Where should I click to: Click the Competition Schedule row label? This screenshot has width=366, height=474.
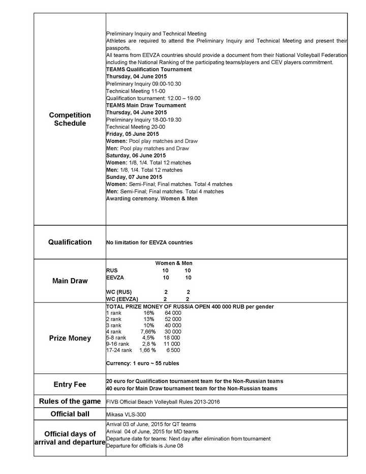click(70, 119)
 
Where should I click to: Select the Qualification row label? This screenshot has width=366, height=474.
click(70, 242)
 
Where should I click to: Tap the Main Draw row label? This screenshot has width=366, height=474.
click(70, 281)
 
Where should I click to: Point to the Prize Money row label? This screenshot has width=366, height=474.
click(70, 338)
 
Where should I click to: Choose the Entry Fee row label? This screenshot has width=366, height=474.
click(70, 384)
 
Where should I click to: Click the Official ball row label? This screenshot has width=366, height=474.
click(70, 414)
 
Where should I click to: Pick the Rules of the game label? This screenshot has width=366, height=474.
click(70, 402)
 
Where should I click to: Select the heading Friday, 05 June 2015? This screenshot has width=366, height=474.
click(133, 134)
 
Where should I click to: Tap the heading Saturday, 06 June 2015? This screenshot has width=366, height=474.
click(136, 155)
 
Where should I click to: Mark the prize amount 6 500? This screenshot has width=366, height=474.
click(172, 350)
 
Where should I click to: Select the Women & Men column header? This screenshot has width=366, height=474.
click(173, 263)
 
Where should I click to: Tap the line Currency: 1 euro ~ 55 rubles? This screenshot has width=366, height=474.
click(142, 363)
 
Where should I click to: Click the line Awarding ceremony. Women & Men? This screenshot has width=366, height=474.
click(151, 198)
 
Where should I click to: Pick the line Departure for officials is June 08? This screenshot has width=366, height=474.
click(144, 446)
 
